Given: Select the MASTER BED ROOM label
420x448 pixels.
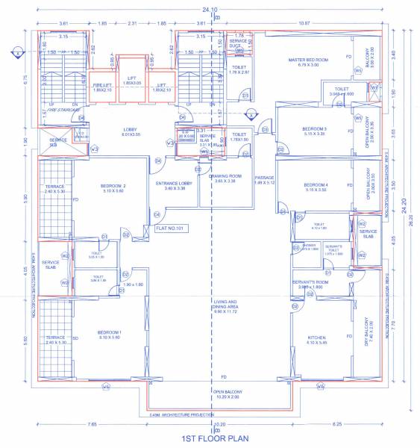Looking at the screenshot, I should coord(309,61).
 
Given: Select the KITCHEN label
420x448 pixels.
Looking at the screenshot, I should coord(316,339).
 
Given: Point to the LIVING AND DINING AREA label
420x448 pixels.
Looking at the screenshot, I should coord(225,304).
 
